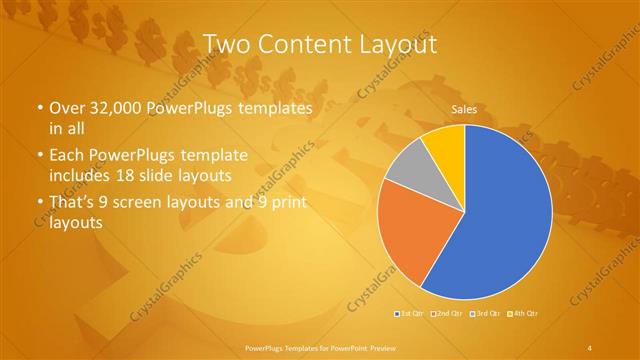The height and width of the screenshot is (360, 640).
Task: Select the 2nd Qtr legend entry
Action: (449, 313)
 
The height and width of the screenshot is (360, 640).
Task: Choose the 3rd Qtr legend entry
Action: (487, 313)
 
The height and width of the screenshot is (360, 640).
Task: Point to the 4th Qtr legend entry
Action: (525, 313)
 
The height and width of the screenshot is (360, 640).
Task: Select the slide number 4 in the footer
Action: (592, 346)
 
